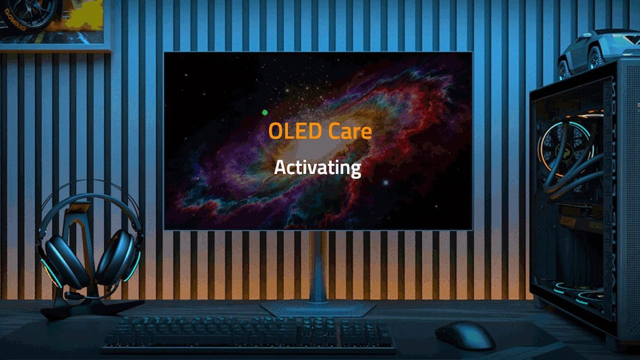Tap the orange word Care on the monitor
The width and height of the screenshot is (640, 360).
point(350,131)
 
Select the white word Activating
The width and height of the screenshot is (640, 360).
point(317,168)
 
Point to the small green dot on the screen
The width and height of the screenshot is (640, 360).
point(265,112)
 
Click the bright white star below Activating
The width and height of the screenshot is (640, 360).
point(385,183)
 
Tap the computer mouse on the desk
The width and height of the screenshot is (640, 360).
point(465,335)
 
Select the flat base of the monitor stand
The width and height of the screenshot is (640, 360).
point(317,308)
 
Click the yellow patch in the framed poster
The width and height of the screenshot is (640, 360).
point(85,16)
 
